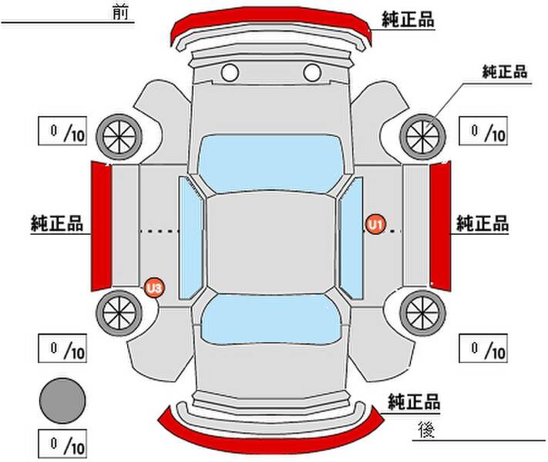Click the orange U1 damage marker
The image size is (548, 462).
coord(375,224)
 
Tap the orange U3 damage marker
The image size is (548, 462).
coord(154,288)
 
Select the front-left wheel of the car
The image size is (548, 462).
coord(119,137)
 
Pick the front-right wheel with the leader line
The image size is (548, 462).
coord(422,137)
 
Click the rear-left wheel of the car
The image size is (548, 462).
coord(119,313)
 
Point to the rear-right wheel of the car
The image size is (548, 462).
coord(422,313)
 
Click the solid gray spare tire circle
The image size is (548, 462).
coord(62,401)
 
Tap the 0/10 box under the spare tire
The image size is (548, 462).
coord(62,444)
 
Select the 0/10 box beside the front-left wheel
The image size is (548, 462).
coord(62,131)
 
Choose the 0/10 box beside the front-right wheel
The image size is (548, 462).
coord(483,131)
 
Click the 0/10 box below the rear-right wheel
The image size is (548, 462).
coord(483,348)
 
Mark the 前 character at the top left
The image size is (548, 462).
coord(120,12)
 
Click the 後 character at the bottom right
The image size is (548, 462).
coord(426,429)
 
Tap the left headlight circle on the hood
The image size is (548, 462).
coord(230,72)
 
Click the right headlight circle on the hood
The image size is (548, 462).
coord(312,72)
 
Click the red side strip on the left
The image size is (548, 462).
coord(101,226)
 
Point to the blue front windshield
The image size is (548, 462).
coord(271,164)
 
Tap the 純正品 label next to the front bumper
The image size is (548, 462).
coord(408,19)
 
